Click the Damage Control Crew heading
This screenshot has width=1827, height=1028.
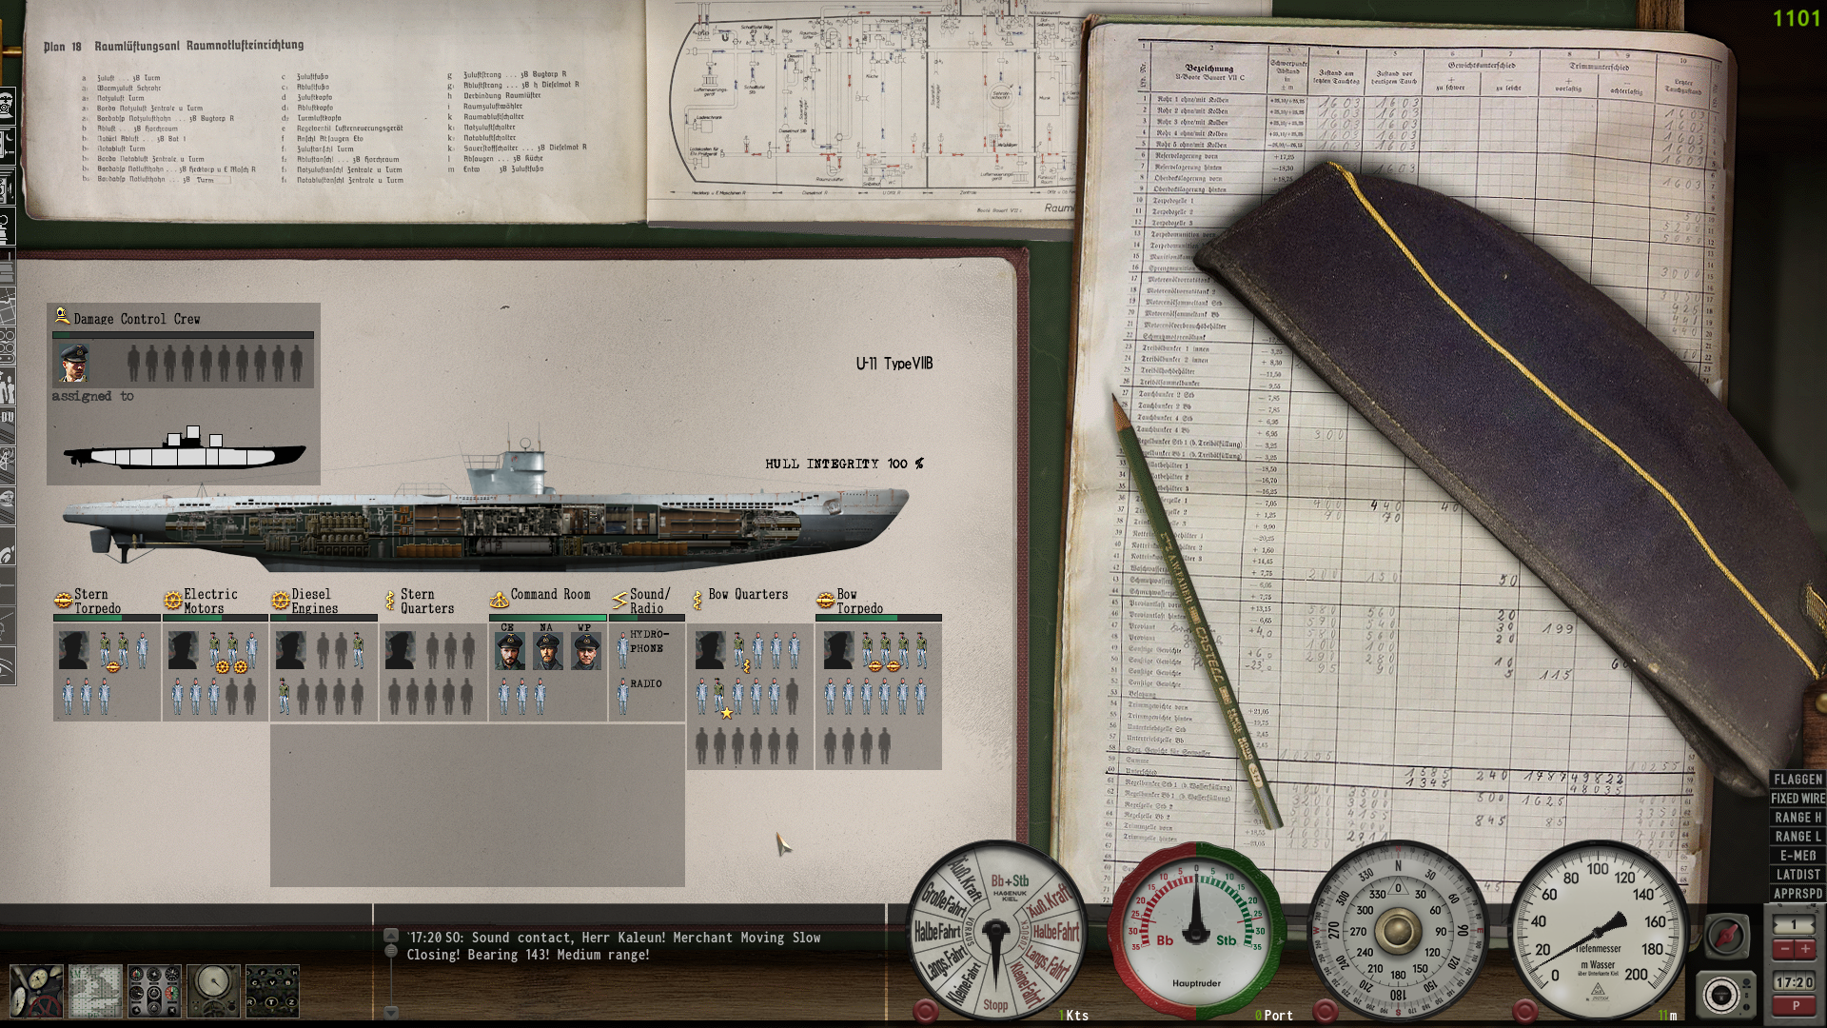[x=136, y=319]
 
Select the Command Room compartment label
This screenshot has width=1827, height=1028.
[x=550, y=595]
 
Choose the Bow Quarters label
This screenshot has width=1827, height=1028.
[x=748, y=595]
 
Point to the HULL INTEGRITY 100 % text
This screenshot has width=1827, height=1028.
[x=843, y=464]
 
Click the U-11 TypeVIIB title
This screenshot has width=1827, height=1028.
[x=894, y=364]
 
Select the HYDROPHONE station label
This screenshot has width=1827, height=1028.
[x=648, y=641]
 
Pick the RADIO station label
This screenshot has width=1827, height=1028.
[x=645, y=683]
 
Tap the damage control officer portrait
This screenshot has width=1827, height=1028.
[x=73, y=364]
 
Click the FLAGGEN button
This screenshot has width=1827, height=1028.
[x=1798, y=780]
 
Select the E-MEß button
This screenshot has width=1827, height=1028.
[x=1798, y=856]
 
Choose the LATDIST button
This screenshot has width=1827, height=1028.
[x=1798, y=875]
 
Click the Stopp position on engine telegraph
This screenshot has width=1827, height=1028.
[x=995, y=1005]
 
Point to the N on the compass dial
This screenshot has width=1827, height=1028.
[x=1398, y=866]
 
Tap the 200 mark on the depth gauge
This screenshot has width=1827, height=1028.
[x=1636, y=975]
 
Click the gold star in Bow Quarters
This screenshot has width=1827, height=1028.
[x=727, y=713]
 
